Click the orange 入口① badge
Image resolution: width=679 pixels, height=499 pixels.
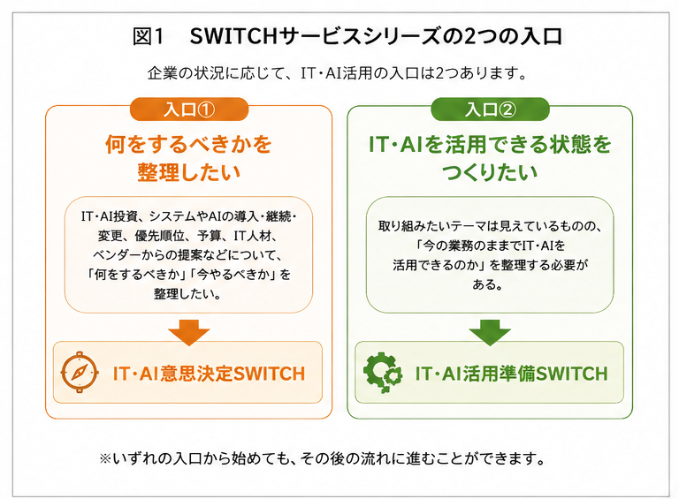(x=189, y=110)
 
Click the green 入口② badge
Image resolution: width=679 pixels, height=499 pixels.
(x=490, y=110)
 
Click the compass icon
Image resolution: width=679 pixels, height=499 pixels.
(x=80, y=373)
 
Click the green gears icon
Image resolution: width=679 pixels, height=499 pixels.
(x=383, y=373)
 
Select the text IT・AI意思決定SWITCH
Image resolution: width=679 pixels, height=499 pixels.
(x=210, y=374)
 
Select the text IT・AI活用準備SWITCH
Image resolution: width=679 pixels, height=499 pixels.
(x=511, y=374)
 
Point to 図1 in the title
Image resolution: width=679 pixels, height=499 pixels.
(x=149, y=36)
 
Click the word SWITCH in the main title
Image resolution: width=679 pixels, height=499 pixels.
(x=233, y=36)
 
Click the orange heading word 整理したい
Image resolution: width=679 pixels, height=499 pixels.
(x=189, y=172)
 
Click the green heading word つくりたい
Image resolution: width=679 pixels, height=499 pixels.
(x=490, y=172)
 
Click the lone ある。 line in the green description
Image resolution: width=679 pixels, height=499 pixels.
(x=488, y=284)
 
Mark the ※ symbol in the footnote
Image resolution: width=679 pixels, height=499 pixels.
(x=105, y=458)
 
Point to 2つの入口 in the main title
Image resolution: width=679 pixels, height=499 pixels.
(x=513, y=36)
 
